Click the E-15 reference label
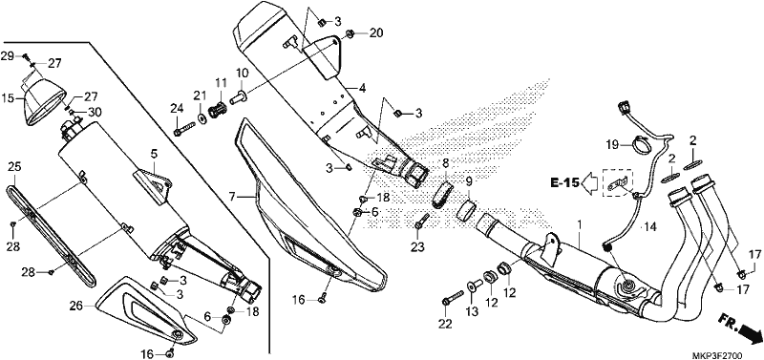[564, 182]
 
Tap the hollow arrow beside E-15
[589, 183]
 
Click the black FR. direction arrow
[749, 333]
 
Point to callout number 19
[613, 145]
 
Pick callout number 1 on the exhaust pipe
[580, 225]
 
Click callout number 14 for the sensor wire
[650, 226]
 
